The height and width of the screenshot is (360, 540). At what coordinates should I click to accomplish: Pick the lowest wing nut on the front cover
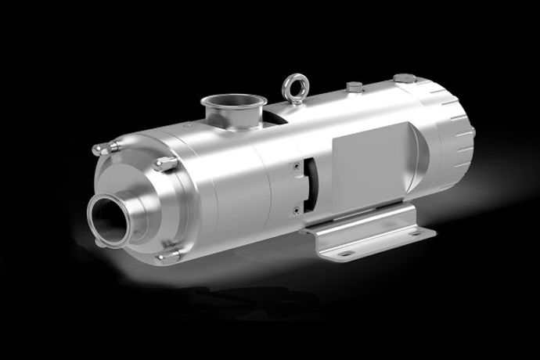[167, 254]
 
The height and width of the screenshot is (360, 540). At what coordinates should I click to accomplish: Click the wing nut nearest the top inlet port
[164, 163]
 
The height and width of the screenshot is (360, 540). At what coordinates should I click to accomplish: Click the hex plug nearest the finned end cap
[404, 77]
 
